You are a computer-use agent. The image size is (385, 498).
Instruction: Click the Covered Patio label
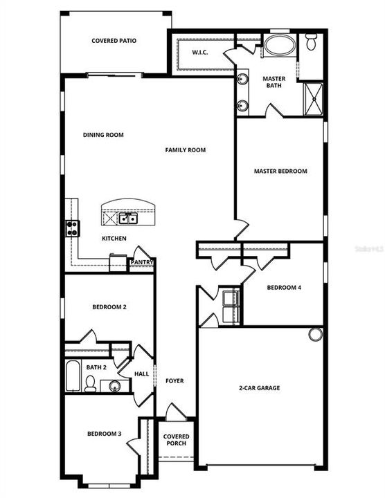[114, 41]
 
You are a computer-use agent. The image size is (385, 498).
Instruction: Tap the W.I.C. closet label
[201, 53]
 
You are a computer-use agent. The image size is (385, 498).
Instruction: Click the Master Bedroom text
[280, 171]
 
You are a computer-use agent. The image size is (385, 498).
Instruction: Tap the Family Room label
[185, 149]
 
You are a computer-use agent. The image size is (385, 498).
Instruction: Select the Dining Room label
[103, 135]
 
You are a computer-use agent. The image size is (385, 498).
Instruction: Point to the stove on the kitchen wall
[72, 228]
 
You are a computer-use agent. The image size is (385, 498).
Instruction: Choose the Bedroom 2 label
[109, 306]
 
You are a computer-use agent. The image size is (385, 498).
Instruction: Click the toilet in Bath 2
[90, 384]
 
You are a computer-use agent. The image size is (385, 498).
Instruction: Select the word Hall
[141, 373]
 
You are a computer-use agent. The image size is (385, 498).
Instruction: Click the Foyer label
[174, 381]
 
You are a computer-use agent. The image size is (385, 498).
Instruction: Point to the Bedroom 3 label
[104, 434]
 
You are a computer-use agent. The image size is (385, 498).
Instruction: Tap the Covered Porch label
[176, 440]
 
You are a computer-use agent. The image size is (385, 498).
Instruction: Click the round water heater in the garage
[316, 334]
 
